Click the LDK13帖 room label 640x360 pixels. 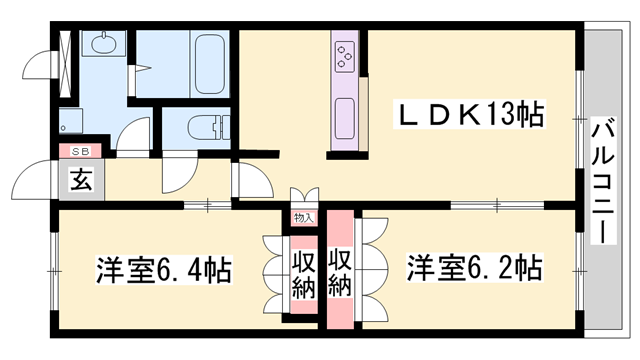pyautogui.click(x=473, y=117)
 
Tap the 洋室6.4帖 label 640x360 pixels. pyautogui.click(x=166, y=271)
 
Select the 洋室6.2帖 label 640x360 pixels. pyautogui.click(x=473, y=270)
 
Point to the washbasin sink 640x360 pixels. pyautogui.click(x=101, y=46)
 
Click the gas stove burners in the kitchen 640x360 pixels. pyautogui.click(x=346, y=56)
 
